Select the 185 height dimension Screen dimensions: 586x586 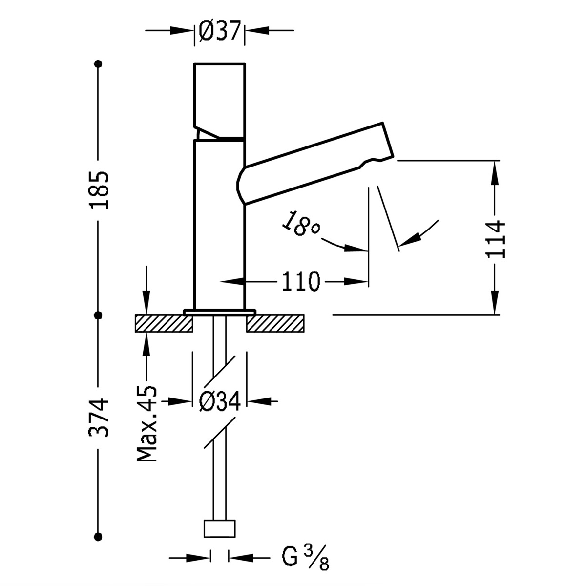tap(99, 189)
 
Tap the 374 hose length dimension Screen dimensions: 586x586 tap(99, 418)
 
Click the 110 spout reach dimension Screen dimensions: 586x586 tap(300, 282)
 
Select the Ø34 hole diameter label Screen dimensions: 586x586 tap(220, 401)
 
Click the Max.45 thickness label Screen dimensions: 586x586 tap(147, 424)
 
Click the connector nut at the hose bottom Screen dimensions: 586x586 tap(220, 529)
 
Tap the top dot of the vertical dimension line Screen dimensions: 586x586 tap(100, 63)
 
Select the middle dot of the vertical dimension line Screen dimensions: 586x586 tap(99, 315)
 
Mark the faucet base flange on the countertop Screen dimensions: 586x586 tap(220, 311)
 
